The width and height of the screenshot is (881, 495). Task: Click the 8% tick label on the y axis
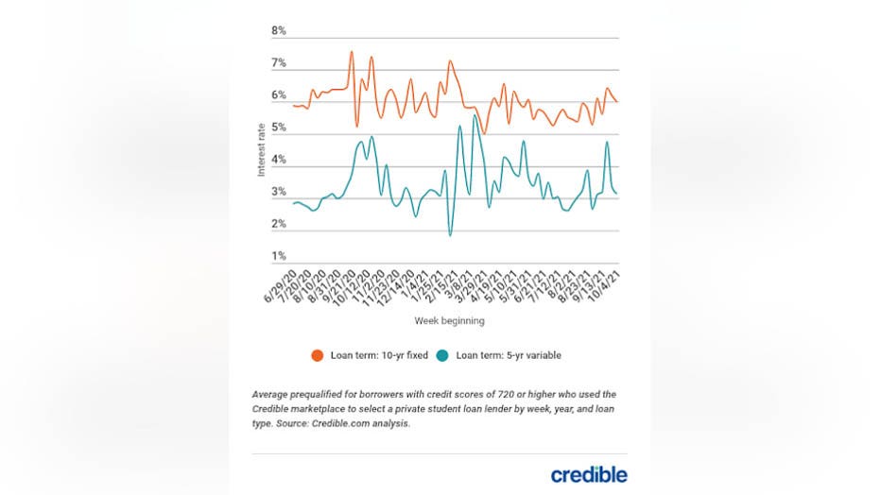[x=279, y=31]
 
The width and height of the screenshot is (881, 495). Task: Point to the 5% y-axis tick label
[x=279, y=128]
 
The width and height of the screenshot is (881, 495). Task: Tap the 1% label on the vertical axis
[x=279, y=256]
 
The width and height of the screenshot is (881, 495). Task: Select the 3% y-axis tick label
[x=279, y=192]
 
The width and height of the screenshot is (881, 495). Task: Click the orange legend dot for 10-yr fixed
[x=318, y=356]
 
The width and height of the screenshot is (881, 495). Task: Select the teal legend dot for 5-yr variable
[x=443, y=356]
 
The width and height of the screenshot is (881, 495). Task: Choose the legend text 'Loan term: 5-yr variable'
[x=509, y=356]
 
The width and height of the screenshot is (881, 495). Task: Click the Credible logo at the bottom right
[x=588, y=474]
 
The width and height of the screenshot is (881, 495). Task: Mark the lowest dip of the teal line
[x=450, y=235]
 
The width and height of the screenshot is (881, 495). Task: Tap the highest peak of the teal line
[x=474, y=116]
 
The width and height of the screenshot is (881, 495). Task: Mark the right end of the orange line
[x=617, y=101]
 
